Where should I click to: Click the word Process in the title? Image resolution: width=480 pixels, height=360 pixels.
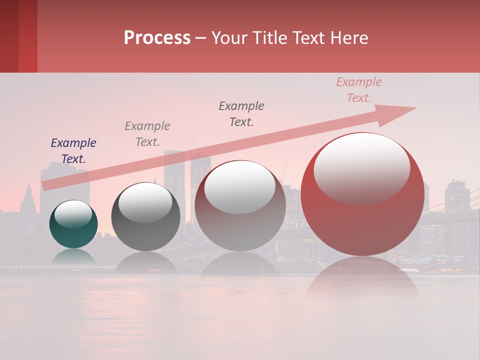click(x=157, y=38)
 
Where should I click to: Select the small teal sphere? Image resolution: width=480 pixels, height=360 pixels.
click(x=73, y=224)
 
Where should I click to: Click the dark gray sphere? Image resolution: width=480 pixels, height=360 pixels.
click(x=145, y=217)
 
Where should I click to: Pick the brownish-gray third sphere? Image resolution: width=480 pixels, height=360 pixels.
click(x=240, y=206)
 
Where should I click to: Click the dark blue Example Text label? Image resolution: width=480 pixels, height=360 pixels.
click(x=73, y=150)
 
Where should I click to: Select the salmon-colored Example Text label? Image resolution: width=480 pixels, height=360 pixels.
click(x=359, y=89)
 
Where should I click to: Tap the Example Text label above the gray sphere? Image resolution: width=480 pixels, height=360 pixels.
click(x=147, y=133)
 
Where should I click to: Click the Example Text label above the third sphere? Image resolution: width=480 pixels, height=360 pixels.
click(x=241, y=113)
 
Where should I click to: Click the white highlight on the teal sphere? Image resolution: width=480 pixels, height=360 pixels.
click(x=73, y=214)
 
